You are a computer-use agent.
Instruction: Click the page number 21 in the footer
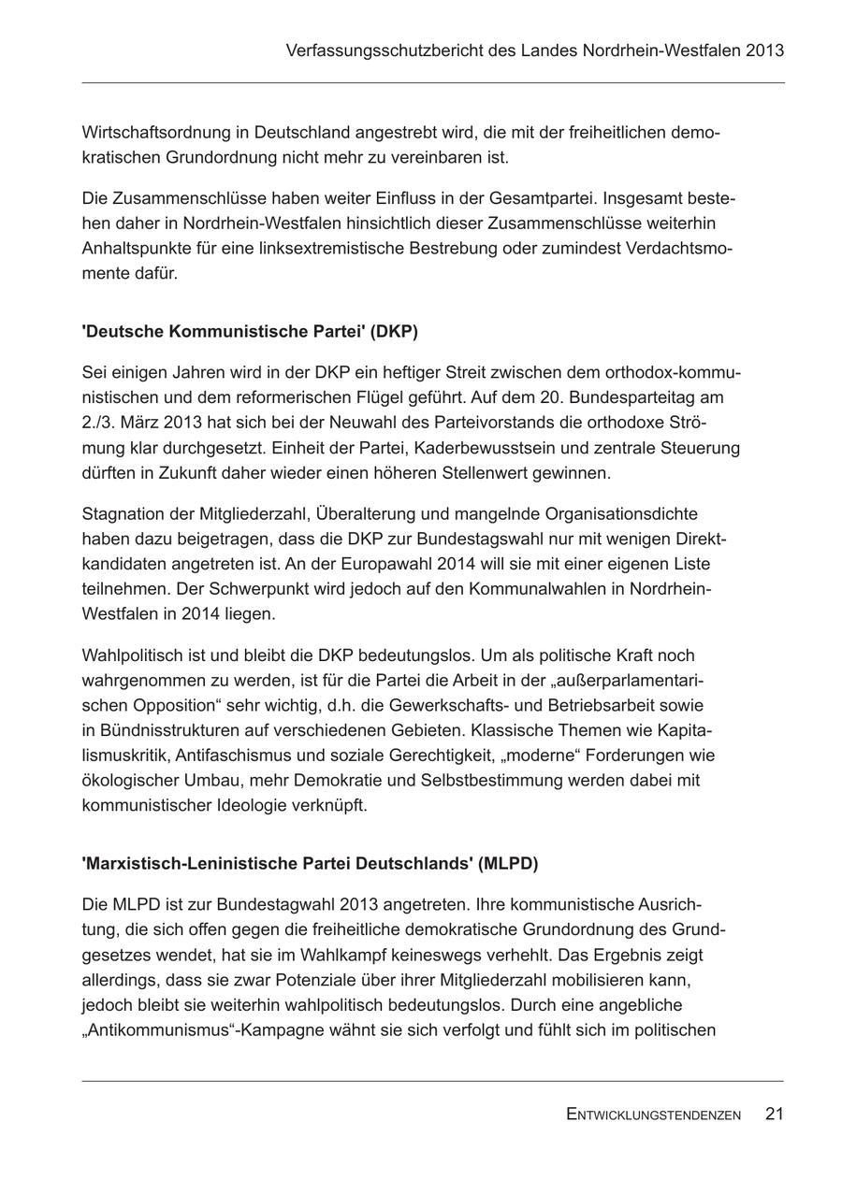tap(774, 1114)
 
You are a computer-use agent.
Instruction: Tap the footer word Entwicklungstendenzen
tap(653, 1115)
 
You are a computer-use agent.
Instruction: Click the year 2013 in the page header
tap(765, 50)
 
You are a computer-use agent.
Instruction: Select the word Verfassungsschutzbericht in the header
tap(384, 50)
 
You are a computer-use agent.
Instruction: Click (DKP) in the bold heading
tap(395, 332)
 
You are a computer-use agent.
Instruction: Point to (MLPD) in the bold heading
tap(508, 864)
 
